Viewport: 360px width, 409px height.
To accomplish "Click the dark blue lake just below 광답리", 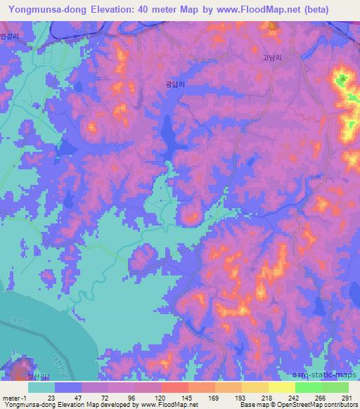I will tap(169, 134).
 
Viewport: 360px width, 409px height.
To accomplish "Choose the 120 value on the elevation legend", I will tap(160, 398).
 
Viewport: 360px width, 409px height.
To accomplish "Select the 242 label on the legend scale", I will tap(295, 398).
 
